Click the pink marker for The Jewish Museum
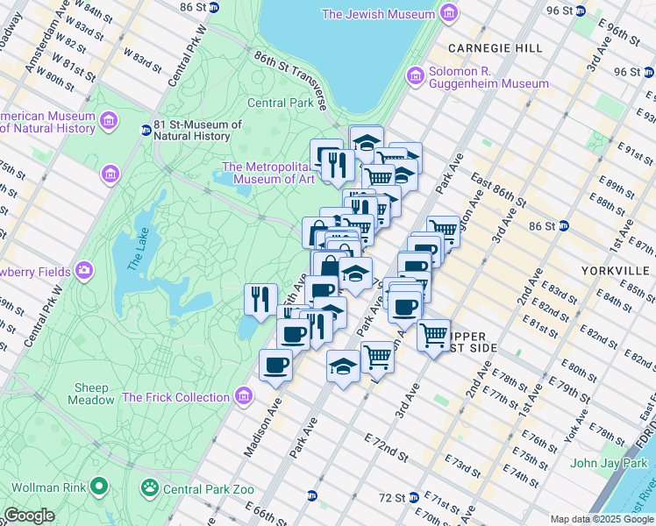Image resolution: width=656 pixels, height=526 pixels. [449, 14]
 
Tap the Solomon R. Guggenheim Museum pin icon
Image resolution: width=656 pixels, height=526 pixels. [416, 77]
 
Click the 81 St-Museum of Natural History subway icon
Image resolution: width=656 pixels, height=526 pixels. [146, 131]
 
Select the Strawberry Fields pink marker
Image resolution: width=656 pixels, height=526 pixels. [84, 269]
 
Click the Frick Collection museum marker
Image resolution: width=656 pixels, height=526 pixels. [243, 397]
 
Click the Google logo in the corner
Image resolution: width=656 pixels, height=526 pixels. [29, 515]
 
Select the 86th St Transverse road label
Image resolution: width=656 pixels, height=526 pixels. [290, 80]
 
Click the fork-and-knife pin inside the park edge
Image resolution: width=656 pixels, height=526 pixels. [260, 299]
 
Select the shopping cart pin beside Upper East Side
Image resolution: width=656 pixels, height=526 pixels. [433, 335]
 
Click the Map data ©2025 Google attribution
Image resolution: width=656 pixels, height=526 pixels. [602, 519]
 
